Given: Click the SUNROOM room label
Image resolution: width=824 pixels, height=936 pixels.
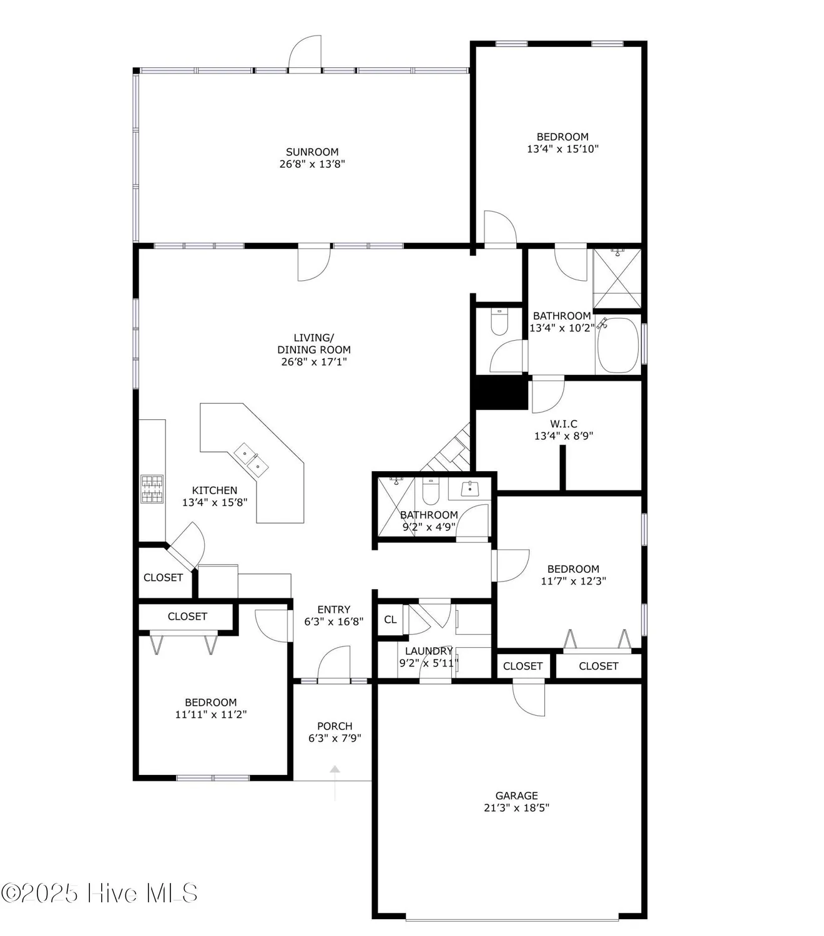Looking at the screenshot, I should click(312, 152).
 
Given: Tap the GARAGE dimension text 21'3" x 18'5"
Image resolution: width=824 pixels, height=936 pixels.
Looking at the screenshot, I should click(516, 807).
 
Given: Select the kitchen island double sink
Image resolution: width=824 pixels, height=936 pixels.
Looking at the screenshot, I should click(252, 459).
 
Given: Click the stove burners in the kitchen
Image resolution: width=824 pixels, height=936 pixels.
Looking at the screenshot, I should click(152, 489).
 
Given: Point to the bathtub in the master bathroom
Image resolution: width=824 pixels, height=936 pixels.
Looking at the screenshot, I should click(617, 345).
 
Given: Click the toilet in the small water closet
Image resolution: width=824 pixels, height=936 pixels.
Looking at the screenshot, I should click(500, 321).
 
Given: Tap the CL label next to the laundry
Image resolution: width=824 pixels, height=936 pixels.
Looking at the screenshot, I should click(390, 620).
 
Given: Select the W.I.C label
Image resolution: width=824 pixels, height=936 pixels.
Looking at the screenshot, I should click(563, 424).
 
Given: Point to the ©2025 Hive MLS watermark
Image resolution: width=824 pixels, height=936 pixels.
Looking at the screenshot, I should click(100, 894).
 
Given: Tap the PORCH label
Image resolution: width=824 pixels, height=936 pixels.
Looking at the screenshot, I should click(335, 726).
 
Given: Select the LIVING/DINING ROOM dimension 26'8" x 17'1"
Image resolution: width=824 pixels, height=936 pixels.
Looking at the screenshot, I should click(313, 361).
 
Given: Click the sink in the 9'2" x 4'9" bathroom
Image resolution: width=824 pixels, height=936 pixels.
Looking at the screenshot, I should click(469, 489).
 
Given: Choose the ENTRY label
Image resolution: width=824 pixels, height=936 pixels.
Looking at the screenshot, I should click(333, 610).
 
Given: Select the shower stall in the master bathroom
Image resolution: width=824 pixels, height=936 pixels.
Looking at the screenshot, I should click(617, 278).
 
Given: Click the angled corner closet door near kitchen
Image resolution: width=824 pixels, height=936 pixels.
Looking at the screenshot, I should click(187, 546).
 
